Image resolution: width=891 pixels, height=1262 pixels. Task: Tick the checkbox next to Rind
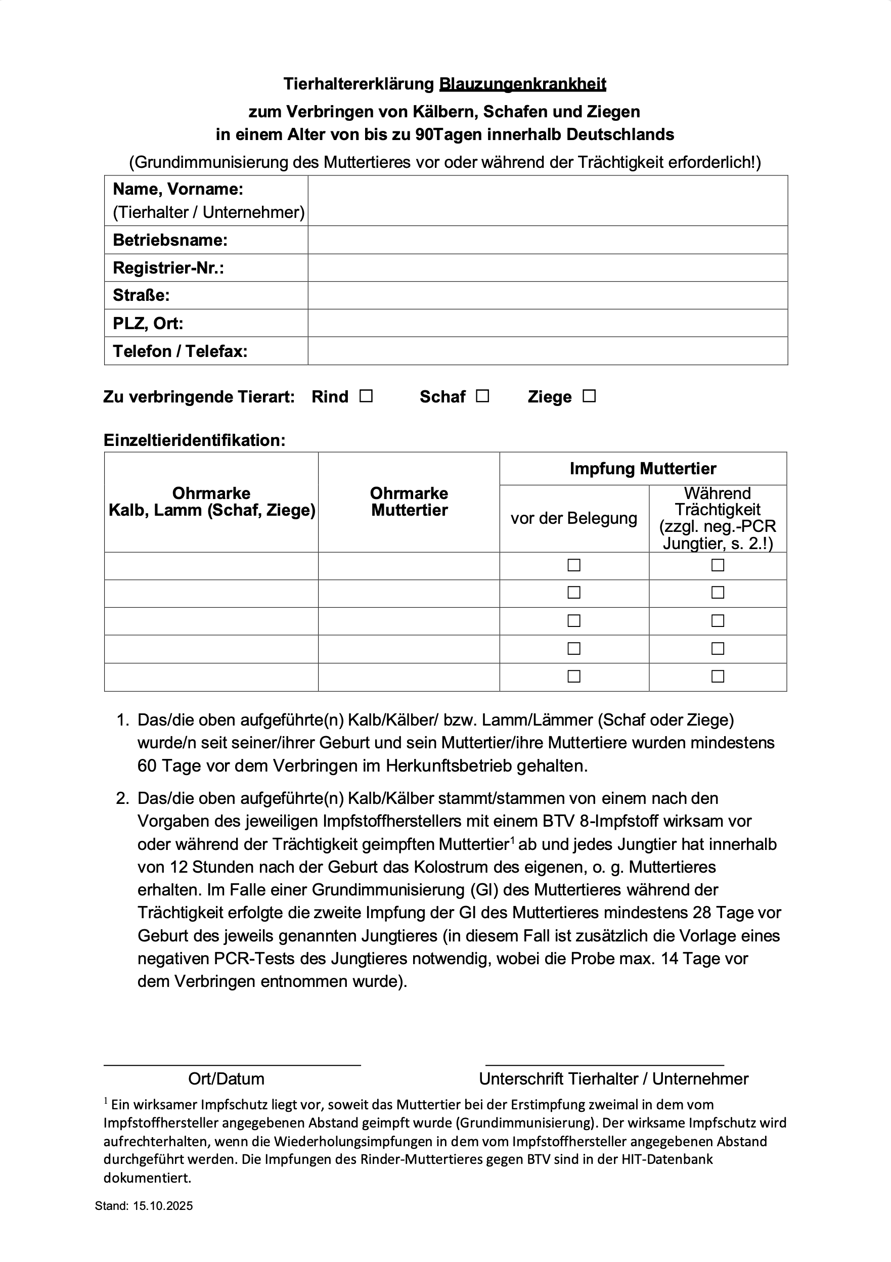(x=366, y=396)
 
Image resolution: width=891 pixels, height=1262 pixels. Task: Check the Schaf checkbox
(x=482, y=396)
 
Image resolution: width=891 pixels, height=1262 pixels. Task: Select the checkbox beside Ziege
(x=589, y=396)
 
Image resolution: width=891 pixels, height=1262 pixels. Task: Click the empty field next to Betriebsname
(x=548, y=240)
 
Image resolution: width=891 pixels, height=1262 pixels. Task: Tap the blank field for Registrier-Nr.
(x=548, y=267)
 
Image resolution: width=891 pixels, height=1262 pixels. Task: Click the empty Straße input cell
(x=548, y=295)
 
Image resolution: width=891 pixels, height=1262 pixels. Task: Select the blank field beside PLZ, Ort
(x=548, y=323)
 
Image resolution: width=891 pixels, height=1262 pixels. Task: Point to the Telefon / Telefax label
(x=181, y=351)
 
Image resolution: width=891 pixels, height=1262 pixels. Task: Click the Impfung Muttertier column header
(x=643, y=469)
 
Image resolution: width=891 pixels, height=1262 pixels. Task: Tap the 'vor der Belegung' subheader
(x=574, y=518)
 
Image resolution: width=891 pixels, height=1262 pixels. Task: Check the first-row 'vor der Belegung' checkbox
(x=574, y=565)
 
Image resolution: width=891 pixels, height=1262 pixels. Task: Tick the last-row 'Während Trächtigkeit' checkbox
(x=718, y=676)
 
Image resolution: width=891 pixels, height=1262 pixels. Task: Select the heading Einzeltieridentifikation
(x=194, y=440)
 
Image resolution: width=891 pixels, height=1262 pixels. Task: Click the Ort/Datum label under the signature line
(x=226, y=1078)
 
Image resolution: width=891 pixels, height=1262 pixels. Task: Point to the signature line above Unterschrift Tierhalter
(x=604, y=1065)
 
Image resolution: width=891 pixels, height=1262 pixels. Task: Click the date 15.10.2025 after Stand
(x=163, y=1206)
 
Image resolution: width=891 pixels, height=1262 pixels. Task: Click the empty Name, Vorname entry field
(x=548, y=201)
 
